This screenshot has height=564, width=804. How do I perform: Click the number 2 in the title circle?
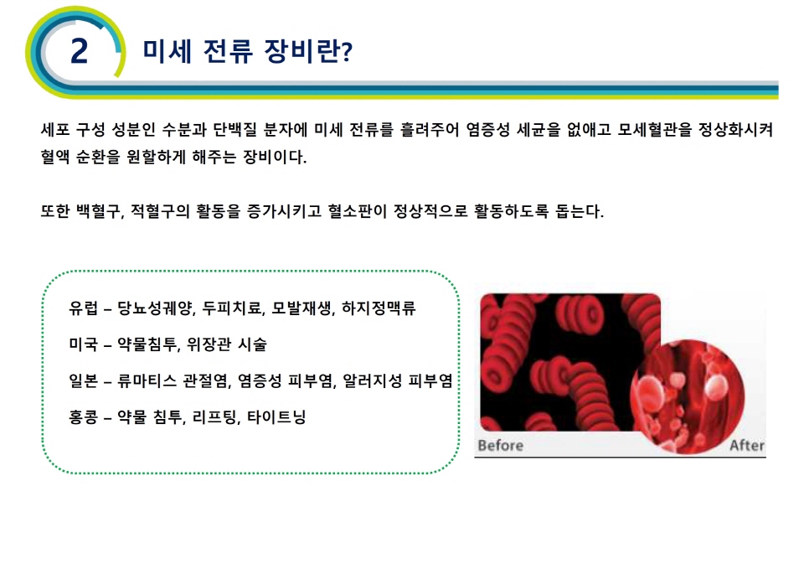pos(80,51)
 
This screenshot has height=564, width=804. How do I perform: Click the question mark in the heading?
pos(347,51)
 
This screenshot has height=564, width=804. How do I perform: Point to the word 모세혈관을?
pos(654,129)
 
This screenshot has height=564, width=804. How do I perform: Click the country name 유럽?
pos(83,308)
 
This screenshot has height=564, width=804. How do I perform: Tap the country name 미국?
pos(83,344)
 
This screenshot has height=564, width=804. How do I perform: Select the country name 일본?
pos(83,380)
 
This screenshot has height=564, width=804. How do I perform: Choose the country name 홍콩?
pos(83,417)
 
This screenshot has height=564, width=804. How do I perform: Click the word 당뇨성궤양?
pos(155,308)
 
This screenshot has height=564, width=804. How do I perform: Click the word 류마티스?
pos(147,380)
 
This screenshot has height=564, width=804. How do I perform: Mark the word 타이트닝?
pos(276,417)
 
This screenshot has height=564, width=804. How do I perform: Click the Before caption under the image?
pos(501,446)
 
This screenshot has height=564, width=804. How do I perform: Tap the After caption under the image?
pos(747,446)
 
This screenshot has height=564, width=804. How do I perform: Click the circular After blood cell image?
pos(688,396)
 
